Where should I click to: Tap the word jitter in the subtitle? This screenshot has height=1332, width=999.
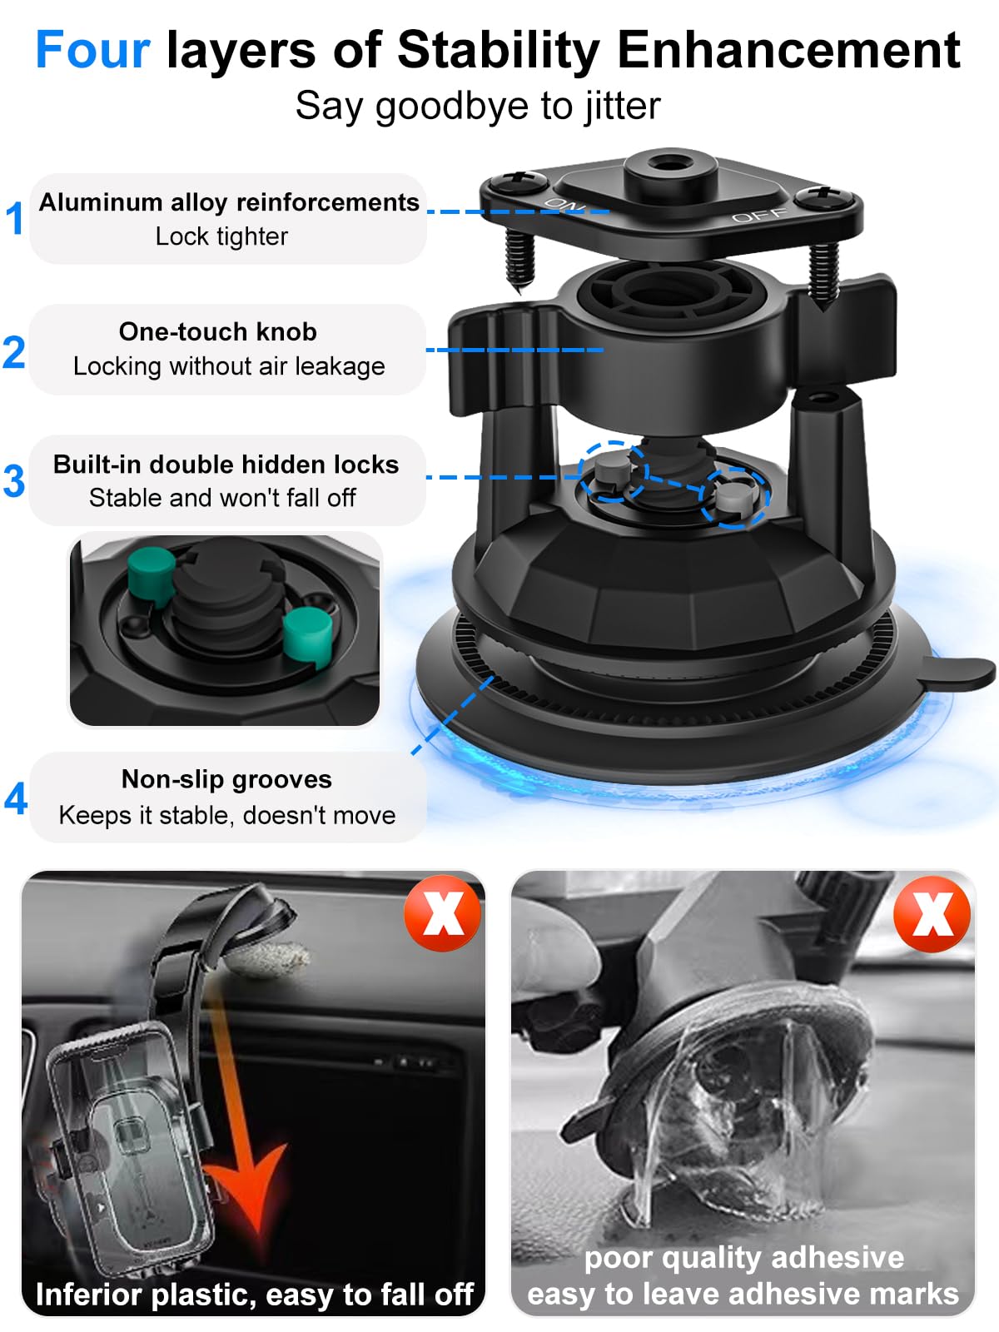621,107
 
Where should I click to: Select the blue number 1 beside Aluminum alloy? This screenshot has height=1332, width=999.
15,219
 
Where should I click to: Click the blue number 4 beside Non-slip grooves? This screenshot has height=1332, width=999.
16,798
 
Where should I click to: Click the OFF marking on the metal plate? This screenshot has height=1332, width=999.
758,216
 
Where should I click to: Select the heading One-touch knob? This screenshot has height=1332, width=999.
217,332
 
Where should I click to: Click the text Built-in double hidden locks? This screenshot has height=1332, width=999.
226,465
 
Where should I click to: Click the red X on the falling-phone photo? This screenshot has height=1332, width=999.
442,913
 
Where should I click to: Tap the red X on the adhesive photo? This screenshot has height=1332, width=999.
932,913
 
